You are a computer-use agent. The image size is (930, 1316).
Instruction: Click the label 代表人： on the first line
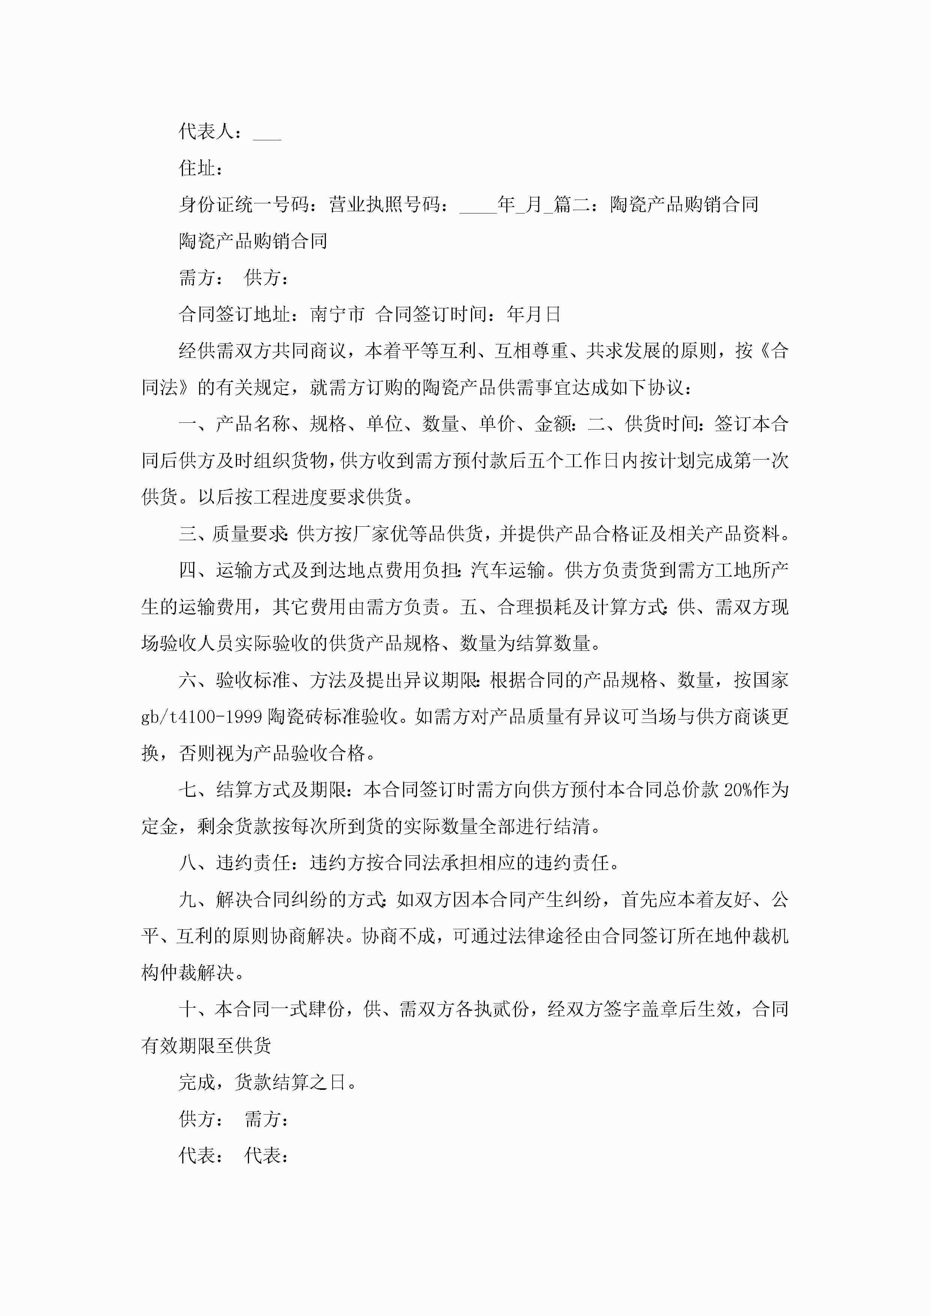point(210,132)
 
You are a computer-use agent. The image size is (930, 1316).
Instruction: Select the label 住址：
point(201,168)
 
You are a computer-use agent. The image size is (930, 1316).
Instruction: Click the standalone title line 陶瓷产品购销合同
point(253,241)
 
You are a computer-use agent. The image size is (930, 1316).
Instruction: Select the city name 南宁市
point(337,314)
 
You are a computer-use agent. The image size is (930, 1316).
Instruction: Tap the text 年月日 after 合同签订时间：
point(534,314)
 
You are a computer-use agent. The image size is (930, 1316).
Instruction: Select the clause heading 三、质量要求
point(232,534)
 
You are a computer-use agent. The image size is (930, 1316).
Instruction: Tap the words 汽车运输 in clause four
point(507,571)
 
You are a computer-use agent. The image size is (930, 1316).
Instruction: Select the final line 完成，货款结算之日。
point(268,1083)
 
